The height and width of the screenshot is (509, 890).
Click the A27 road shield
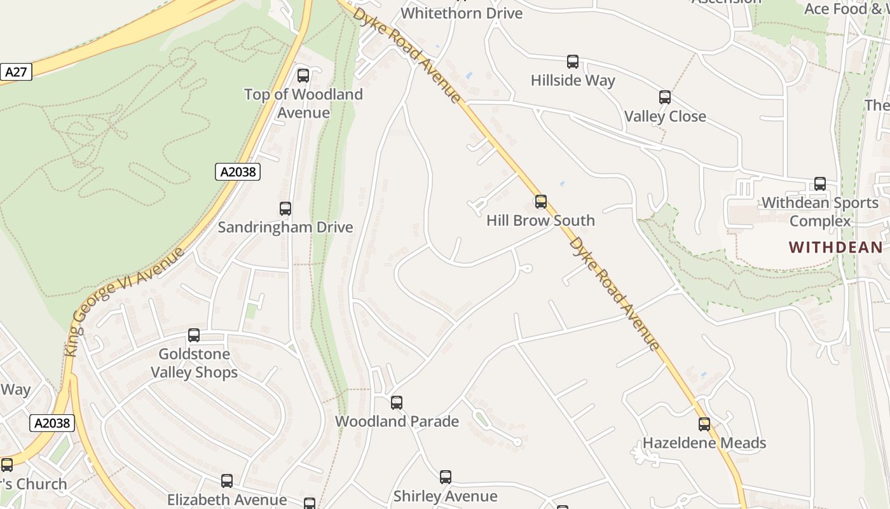coord(15,72)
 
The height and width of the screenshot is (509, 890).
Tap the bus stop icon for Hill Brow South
coord(541,202)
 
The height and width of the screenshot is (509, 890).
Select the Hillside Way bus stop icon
coord(573,62)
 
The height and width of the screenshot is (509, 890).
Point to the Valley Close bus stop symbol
coord(665,97)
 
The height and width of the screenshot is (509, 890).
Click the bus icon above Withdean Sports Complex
coord(820,184)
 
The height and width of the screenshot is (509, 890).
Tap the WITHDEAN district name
coord(835,248)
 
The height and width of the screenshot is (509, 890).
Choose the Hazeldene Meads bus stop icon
coord(704,424)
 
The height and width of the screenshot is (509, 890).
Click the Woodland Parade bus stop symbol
coord(397,403)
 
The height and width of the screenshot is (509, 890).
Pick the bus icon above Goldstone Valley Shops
coord(194,335)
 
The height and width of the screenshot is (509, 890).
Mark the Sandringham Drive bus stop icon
coord(285,209)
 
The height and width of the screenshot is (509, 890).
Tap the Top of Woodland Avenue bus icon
coord(303,76)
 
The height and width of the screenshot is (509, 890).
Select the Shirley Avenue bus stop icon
coord(446,477)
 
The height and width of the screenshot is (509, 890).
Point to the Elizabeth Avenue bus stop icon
coord(227,481)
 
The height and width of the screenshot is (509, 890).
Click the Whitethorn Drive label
coord(462,13)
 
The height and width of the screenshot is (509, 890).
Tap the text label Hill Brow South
coord(540,221)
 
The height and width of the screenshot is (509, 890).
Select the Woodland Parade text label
coord(397,421)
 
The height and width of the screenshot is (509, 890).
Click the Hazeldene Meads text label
coord(704,443)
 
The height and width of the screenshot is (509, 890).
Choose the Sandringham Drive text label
coord(285,227)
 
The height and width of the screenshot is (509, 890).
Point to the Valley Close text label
coord(665,116)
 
